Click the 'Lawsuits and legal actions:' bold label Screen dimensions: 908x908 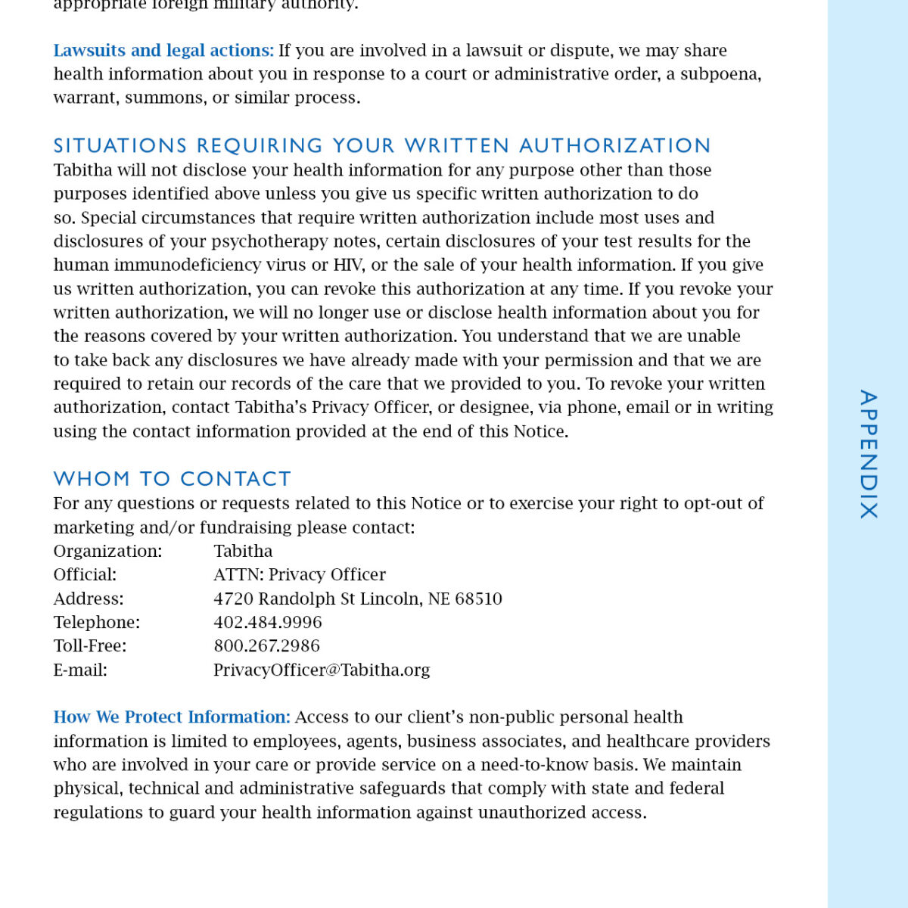point(163,51)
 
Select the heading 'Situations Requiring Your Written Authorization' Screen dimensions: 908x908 point(382,145)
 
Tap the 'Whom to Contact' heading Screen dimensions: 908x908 point(172,479)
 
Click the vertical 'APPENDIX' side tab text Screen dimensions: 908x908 point(868,454)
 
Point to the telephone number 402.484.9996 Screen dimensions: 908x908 point(267,623)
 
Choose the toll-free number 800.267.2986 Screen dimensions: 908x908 point(266,646)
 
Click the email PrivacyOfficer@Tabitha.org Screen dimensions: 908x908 point(322,670)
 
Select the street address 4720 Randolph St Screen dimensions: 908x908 point(284,599)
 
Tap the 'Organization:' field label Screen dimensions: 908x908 point(107,552)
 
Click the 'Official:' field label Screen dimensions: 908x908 point(85,575)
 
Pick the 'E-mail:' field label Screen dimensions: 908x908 point(80,670)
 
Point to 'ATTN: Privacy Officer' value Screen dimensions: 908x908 point(300,575)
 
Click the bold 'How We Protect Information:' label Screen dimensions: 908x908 point(172,717)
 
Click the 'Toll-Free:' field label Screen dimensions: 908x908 point(90,646)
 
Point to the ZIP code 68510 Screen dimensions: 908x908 point(478,599)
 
